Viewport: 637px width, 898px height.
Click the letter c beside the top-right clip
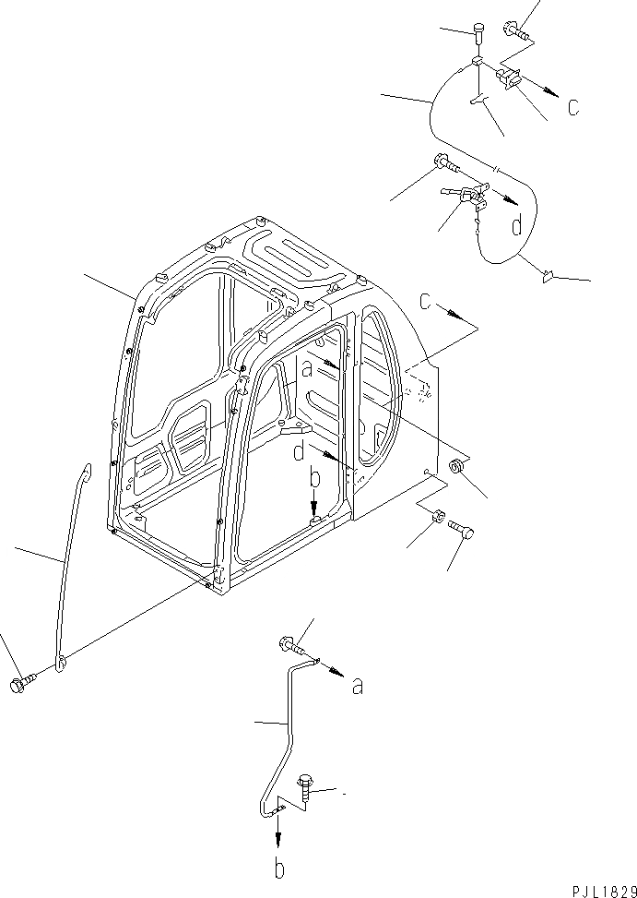click(x=573, y=107)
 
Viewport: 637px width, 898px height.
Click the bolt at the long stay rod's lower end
click(x=21, y=685)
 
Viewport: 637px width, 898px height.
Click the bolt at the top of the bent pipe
click(x=287, y=645)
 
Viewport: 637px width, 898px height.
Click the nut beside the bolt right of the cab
click(x=439, y=517)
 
